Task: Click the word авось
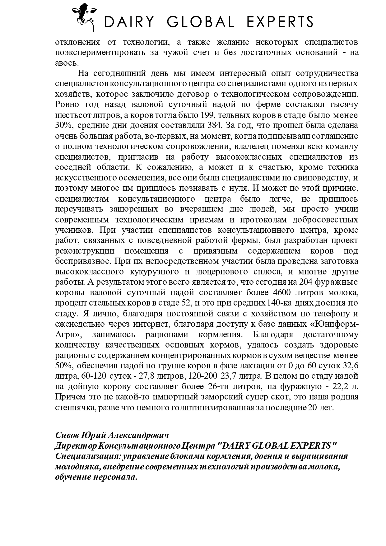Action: click(x=66, y=63)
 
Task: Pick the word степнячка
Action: click(x=75, y=408)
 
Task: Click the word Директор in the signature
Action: click(x=75, y=446)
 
